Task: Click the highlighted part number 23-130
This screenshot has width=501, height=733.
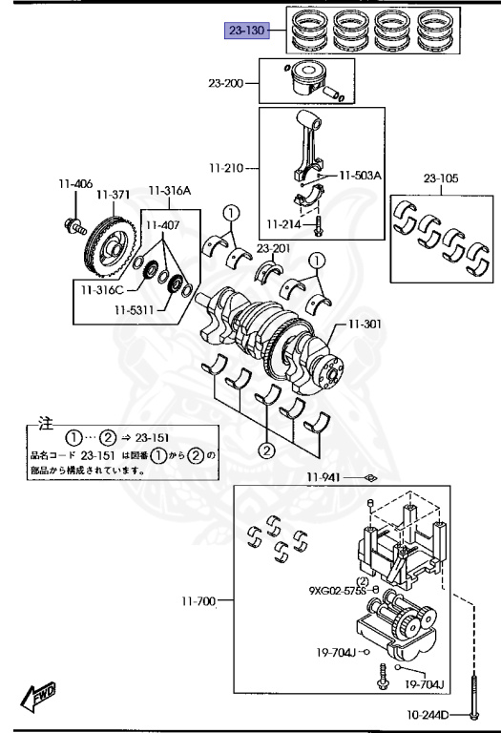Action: (x=247, y=31)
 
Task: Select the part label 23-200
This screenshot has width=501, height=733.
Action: (x=226, y=83)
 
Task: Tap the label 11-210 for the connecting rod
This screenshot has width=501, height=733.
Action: (x=226, y=168)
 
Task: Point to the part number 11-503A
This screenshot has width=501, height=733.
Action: (x=360, y=176)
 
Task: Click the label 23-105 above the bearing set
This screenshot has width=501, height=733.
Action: (x=441, y=178)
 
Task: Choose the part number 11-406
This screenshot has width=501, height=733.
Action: (x=75, y=183)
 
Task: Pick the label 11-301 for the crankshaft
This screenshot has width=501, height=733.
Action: (x=365, y=324)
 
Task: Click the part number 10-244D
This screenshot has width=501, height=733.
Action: (x=428, y=714)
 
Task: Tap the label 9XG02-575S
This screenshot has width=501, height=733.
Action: (x=337, y=591)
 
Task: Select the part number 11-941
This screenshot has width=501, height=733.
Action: (x=324, y=477)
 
